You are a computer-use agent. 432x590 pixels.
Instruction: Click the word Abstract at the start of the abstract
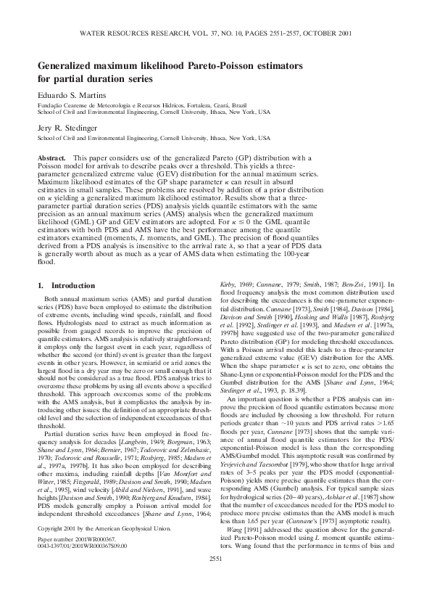click(53, 157)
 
